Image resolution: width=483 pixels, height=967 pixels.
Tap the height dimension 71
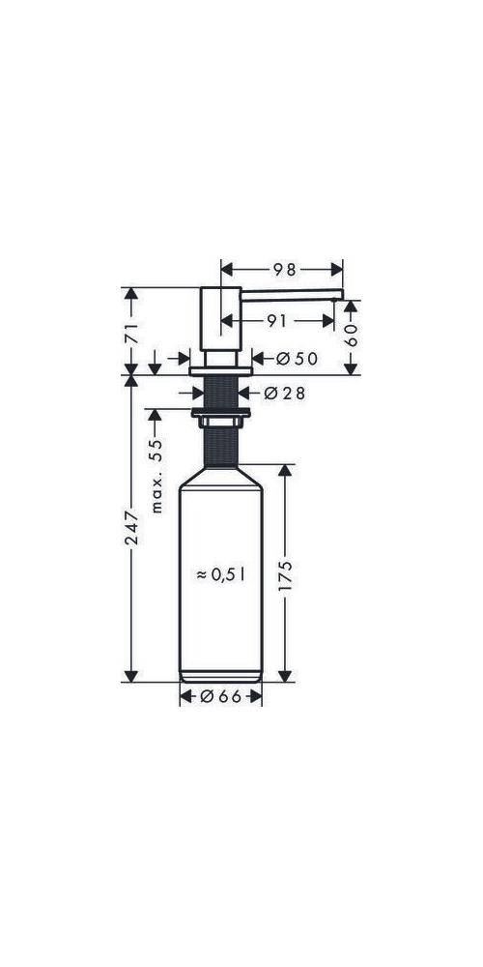pyautogui.click(x=134, y=334)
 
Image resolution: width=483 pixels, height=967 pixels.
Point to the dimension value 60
pyautogui.click(x=352, y=336)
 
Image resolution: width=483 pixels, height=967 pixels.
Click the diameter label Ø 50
pyautogui.click(x=297, y=359)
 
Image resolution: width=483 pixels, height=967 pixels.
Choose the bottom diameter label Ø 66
pyautogui.click(x=221, y=695)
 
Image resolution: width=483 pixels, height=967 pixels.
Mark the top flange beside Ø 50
pyautogui.click(x=221, y=369)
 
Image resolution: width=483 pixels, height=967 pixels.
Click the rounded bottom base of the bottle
pyautogui.click(x=221, y=673)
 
